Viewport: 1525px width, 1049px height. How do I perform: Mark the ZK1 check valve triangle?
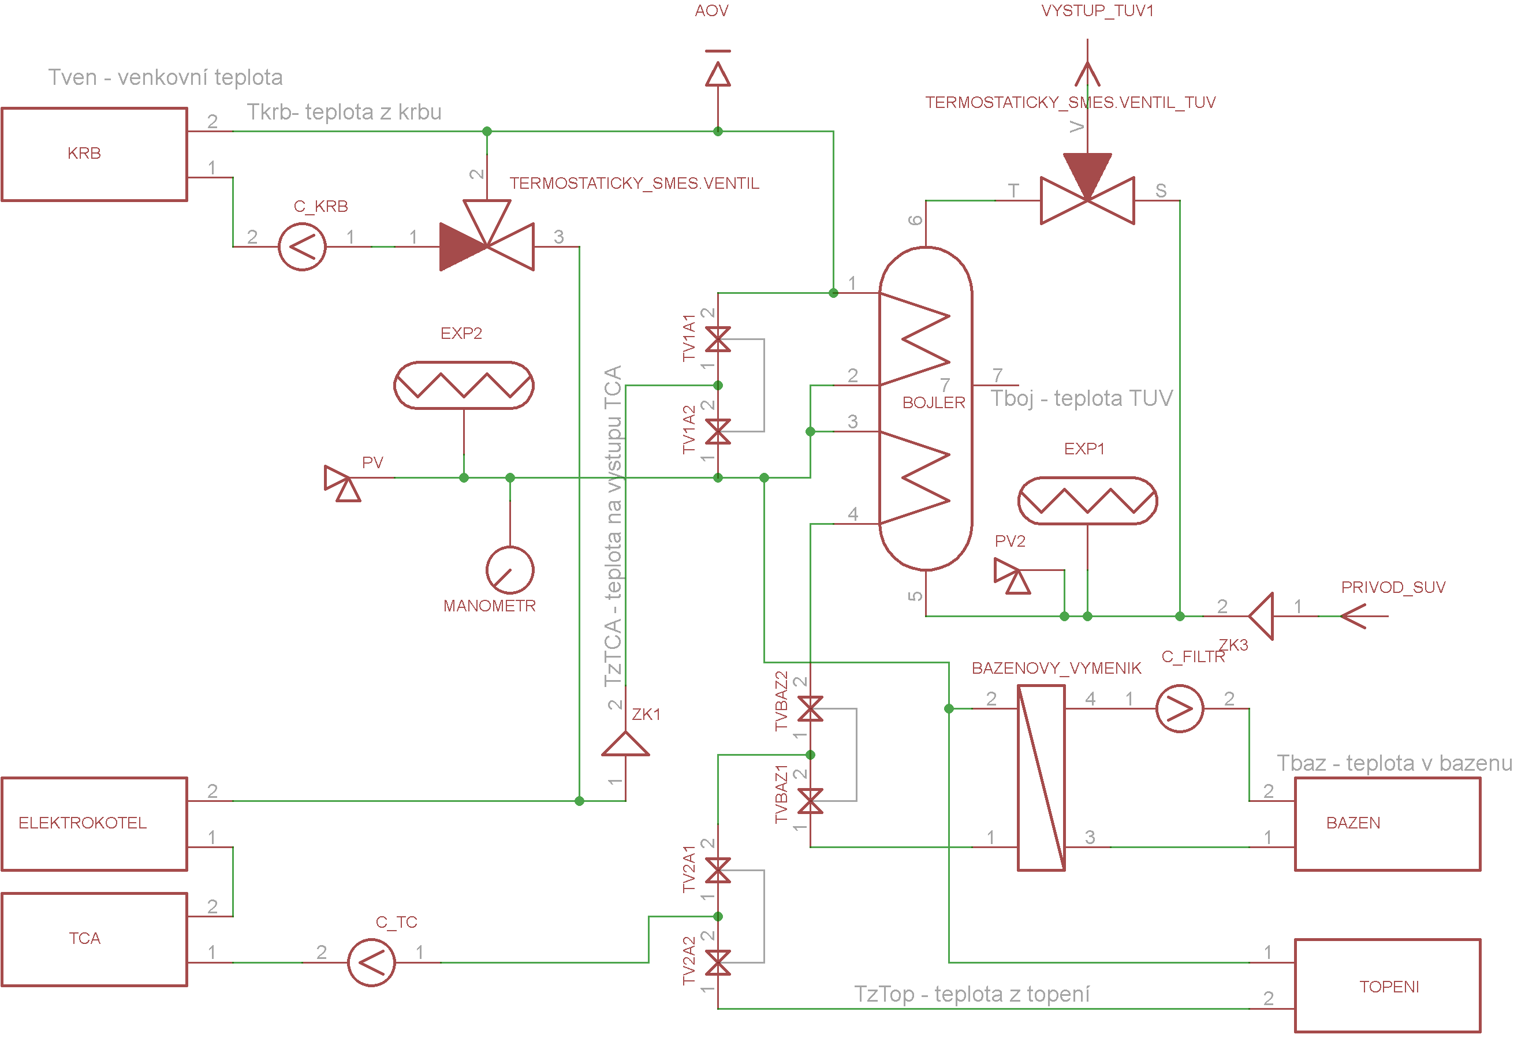pyautogui.click(x=626, y=745)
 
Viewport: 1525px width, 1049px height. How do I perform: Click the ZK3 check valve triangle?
pyautogui.click(x=1261, y=617)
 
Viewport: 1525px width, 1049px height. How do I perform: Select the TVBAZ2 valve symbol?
pyautogui.click(x=811, y=709)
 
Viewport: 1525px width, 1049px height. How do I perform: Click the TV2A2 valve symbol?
pyautogui.click(x=718, y=963)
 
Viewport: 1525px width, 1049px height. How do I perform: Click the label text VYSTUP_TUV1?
pyautogui.click(x=1098, y=11)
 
